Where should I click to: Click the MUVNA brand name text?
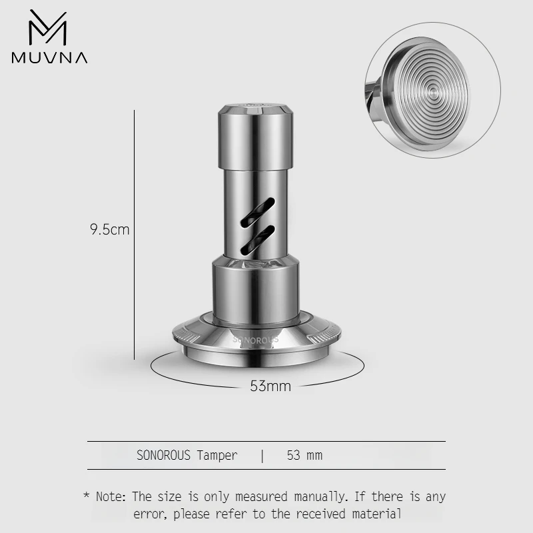49,57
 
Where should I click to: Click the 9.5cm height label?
109,230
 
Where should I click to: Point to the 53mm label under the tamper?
270,386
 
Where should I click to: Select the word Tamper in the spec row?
217,456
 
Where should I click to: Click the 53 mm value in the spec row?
304,456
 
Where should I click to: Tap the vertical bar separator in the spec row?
263,456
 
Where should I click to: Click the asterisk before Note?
86,496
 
